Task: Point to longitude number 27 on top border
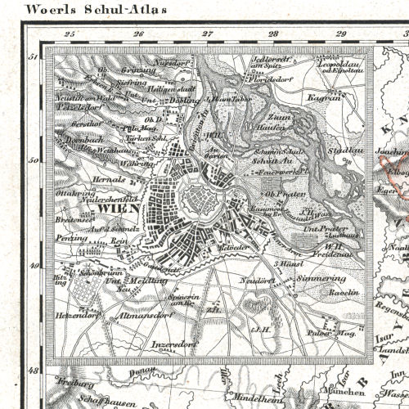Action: coord(208,34)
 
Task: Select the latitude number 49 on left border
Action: coord(34,266)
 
